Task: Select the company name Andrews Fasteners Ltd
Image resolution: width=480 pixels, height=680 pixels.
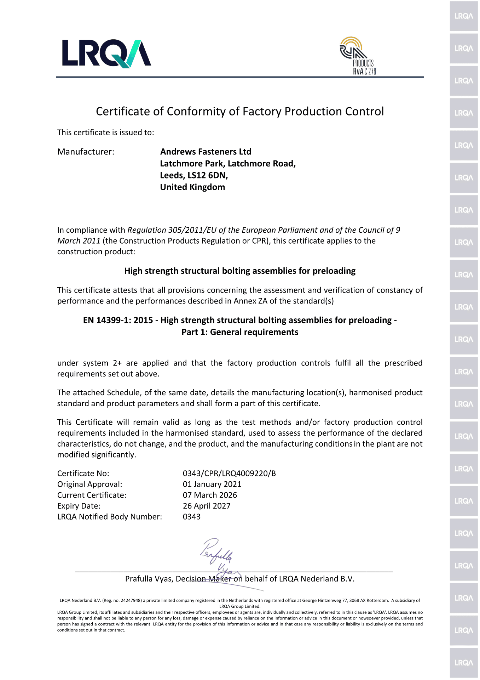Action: tap(206, 152)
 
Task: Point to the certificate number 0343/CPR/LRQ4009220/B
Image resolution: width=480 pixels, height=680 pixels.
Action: tap(229, 473)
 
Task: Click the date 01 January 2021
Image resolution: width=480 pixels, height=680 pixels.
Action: tap(212, 484)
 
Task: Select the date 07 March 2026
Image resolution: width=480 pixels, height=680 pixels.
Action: tap(210, 495)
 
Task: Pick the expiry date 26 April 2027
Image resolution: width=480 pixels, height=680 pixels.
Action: tap(207, 506)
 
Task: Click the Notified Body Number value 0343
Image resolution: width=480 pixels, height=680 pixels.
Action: tap(192, 517)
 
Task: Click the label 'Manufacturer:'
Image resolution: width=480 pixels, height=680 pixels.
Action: tap(86, 152)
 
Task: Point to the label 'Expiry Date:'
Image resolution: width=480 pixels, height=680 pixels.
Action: tap(79, 506)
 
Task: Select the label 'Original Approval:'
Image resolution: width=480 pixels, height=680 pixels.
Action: tap(90, 484)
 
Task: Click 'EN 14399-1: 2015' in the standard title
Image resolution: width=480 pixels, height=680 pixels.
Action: tap(118, 320)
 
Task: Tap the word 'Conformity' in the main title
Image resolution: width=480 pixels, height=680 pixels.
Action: tap(195, 111)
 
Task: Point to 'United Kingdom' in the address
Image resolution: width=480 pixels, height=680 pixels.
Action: tap(192, 187)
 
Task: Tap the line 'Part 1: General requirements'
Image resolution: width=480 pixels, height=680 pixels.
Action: tap(240, 332)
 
